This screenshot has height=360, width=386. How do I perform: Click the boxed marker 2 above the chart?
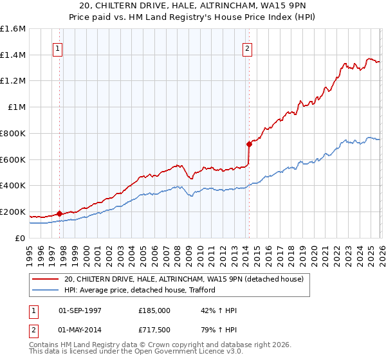tap(248, 48)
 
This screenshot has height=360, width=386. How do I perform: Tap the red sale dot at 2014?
tap(248, 143)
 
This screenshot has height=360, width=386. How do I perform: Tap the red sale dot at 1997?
tap(59, 213)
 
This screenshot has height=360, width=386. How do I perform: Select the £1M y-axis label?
tap(16, 107)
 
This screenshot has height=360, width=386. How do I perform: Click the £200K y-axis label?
tap(13, 212)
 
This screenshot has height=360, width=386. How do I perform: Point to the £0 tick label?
tap(20, 238)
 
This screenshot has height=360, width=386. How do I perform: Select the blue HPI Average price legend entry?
tap(139, 291)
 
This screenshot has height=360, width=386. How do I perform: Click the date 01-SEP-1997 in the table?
tap(80, 310)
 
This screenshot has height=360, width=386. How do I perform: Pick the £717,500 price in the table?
tap(154, 329)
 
